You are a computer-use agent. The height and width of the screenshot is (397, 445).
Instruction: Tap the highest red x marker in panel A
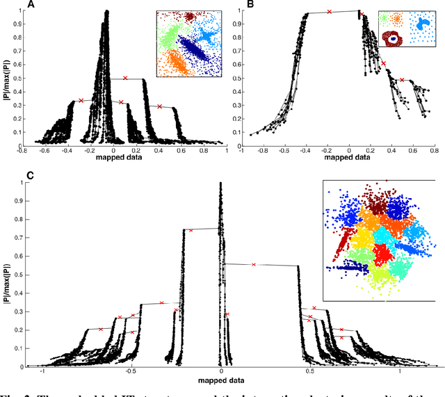pyautogui.click(x=125, y=78)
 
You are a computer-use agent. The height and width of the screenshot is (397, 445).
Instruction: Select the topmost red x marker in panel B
pyautogui.click(x=330, y=11)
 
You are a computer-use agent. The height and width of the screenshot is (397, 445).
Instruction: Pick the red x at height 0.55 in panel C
pyautogui.click(x=254, y=264)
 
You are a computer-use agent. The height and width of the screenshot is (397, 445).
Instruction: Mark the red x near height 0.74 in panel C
pyautogui.click(x=191, y=230)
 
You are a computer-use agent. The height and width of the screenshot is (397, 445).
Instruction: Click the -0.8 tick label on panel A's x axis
pyautogui.click(x=24, y=149)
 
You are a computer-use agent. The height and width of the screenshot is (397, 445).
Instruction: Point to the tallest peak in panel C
pyautogui.click(x=220, y=184)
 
